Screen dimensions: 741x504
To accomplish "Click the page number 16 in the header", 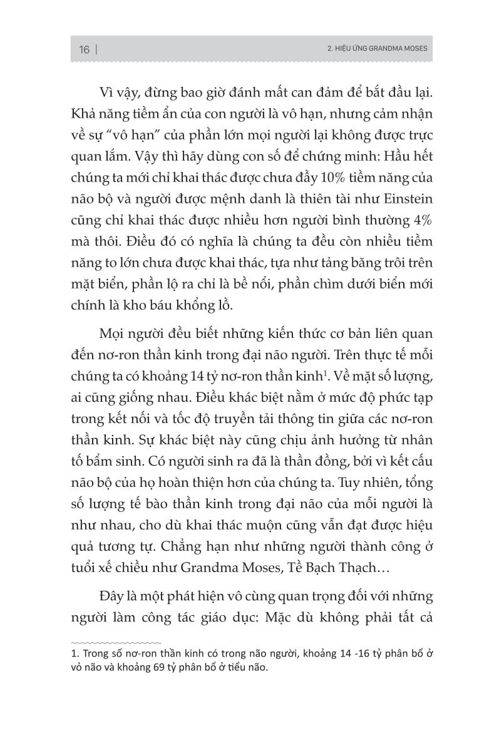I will tap(84, 50).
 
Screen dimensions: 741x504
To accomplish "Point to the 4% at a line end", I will tap(421, 221).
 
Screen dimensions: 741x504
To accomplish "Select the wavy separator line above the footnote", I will tap(116, 642).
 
